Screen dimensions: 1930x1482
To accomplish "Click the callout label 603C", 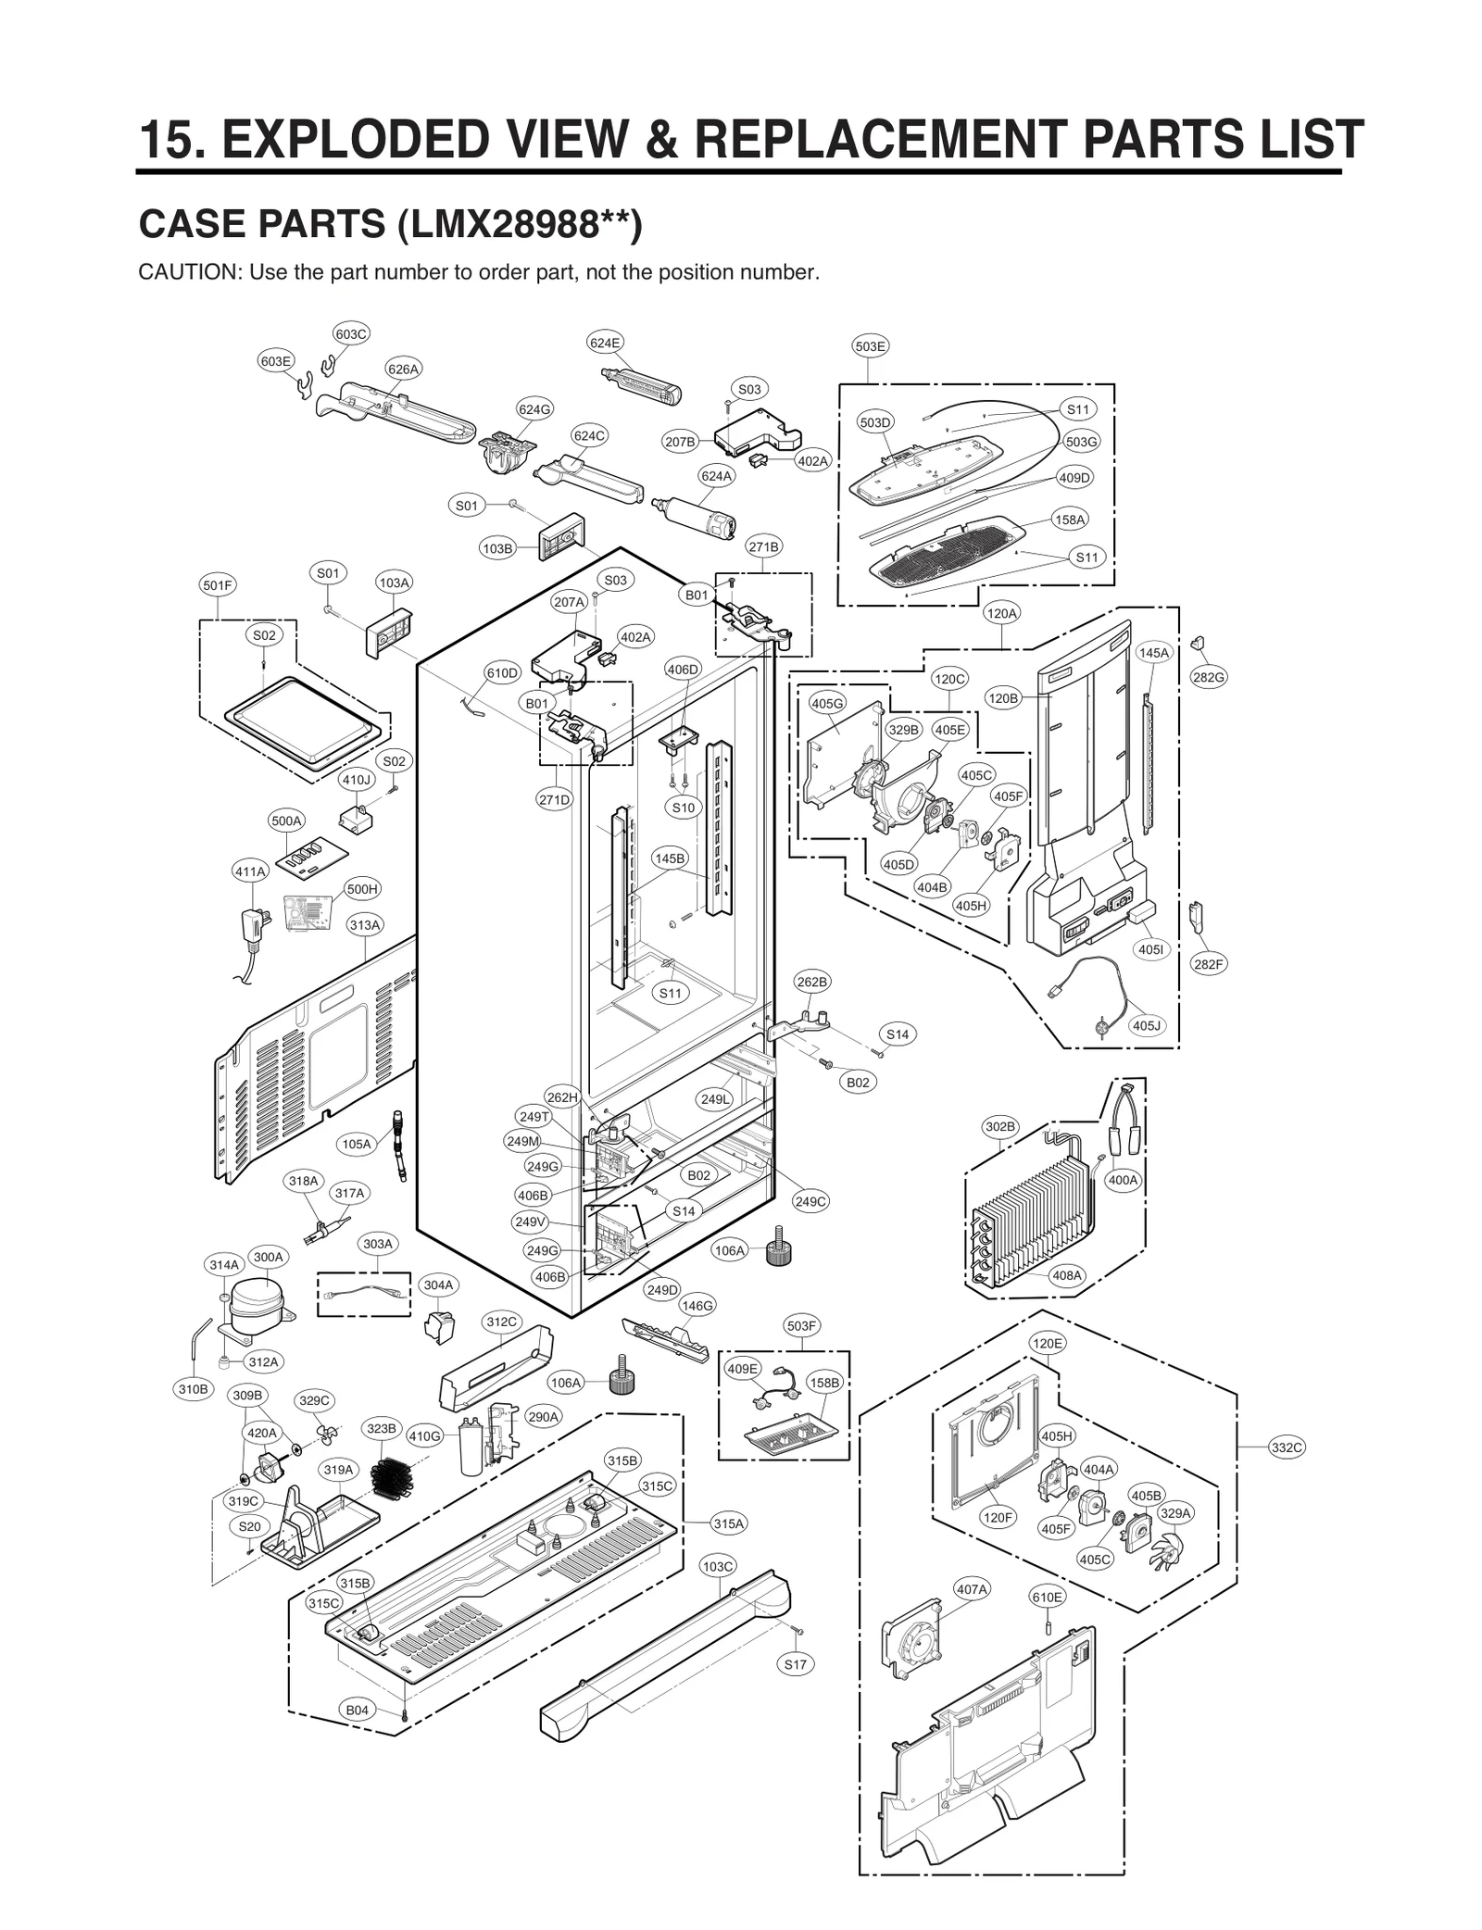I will click(x=351, y=333).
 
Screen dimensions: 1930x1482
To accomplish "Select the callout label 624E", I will click(x=605, y=343).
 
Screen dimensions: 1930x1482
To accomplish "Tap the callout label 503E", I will click(x=870, y=346).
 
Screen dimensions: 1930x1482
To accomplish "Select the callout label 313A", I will click(x=365, y=924).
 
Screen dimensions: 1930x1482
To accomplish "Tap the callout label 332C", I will click(x=1287, y=1447).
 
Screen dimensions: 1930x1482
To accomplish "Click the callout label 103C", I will click(x=718, y=1566).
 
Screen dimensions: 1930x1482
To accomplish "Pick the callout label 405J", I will click(x=1147, y=1025).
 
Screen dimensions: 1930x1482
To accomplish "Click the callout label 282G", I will click(x=1208, y=677).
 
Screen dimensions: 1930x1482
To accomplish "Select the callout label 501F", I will click(x=218, y=585).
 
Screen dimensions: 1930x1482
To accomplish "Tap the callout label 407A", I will click(x=972, y=1589).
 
